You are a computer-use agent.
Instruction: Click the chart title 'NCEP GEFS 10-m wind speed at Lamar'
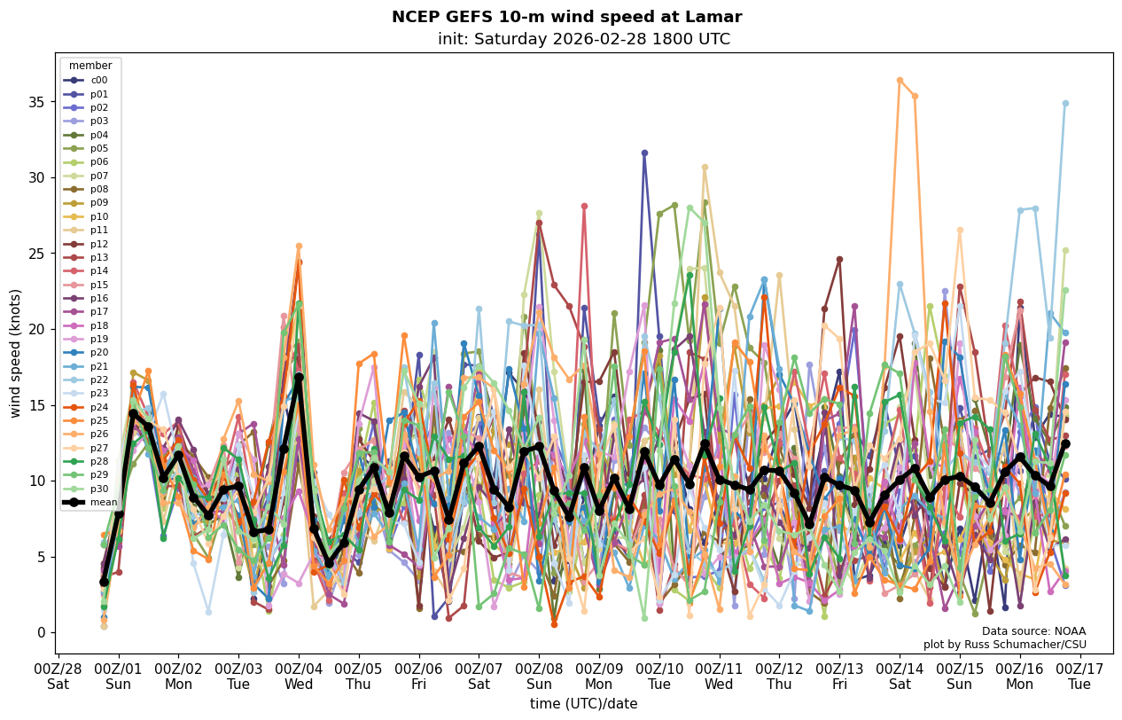566,17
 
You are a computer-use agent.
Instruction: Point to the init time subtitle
583,39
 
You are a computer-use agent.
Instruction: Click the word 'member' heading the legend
90,66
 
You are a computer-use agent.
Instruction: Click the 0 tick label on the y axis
41,632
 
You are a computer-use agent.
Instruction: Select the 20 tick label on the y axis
37,329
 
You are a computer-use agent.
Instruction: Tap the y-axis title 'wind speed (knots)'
15,353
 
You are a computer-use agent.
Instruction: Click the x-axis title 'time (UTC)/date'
583,704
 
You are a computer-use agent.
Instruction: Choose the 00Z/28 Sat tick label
58,677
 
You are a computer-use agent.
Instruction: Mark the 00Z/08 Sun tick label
539,677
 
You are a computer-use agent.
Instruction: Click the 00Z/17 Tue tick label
1079,677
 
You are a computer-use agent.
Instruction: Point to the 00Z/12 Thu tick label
779,677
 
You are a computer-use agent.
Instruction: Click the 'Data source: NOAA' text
1033,631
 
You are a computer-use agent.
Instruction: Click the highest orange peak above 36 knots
900,81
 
